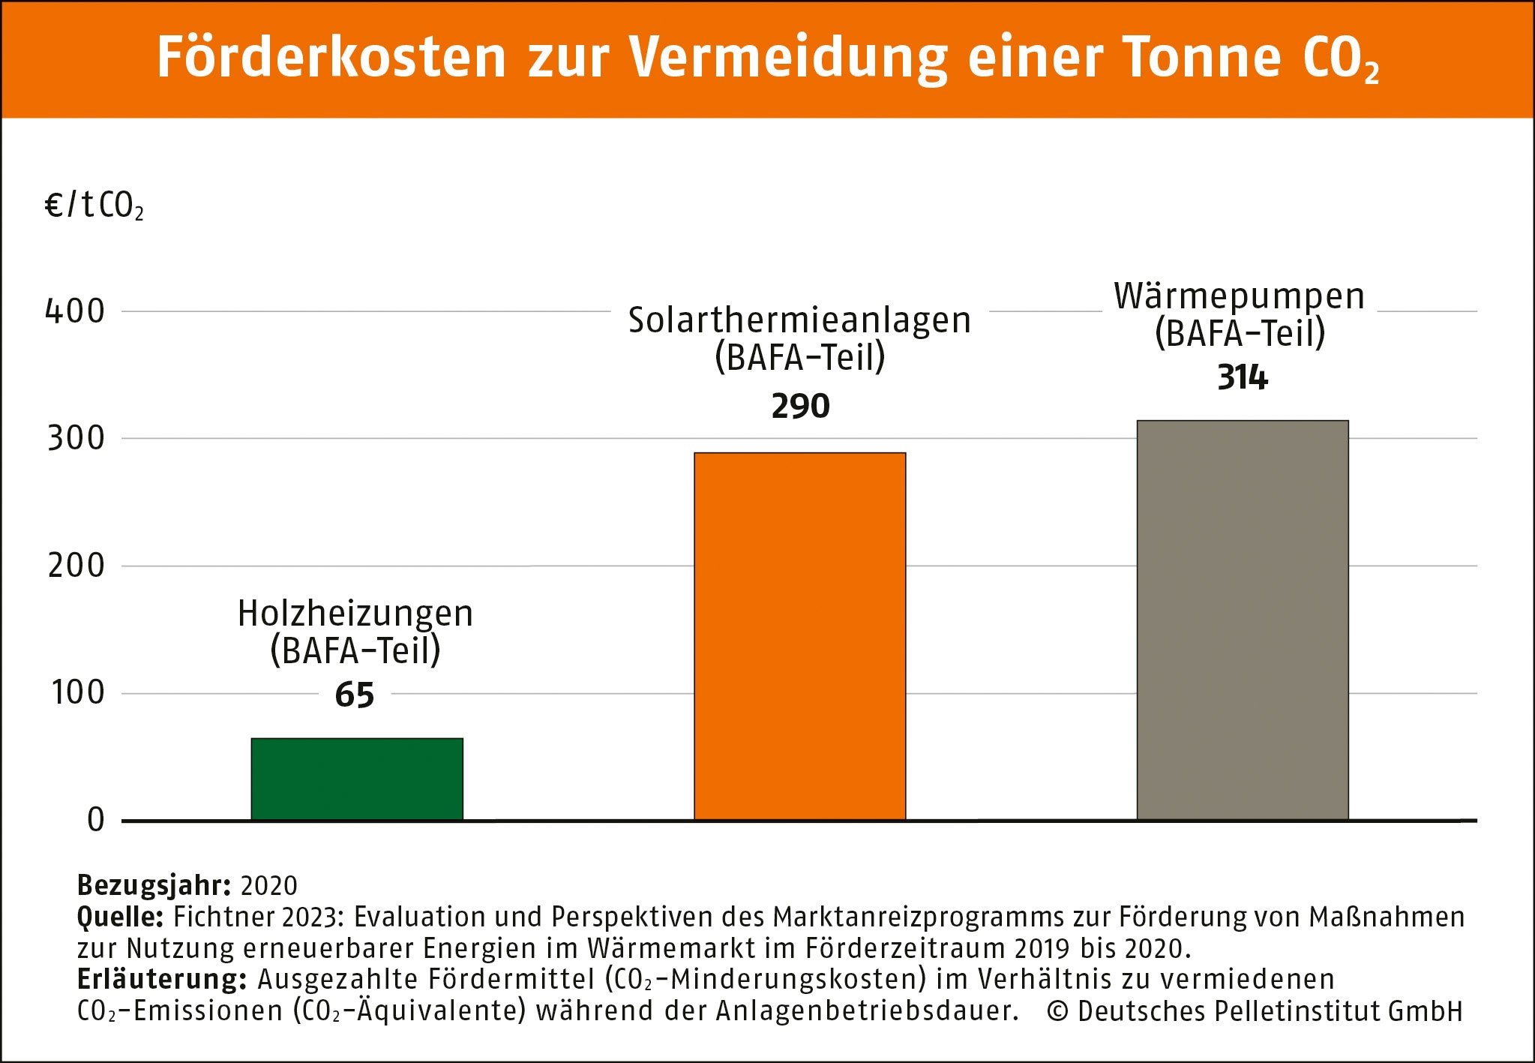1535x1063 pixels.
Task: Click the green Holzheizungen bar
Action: (x=357, y=779)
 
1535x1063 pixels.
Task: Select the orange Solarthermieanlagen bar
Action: (x=799, y=636)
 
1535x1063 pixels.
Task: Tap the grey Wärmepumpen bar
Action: (x=1242, y=620)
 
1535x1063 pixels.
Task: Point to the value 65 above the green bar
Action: (x=355, y=695)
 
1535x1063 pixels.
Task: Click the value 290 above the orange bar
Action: (x=800, y=406)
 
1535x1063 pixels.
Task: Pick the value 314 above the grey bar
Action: (x=1242, y=377)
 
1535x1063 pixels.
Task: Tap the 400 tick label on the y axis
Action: (x=75, y=311)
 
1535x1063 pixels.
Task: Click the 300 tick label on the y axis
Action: (x=76, y=438)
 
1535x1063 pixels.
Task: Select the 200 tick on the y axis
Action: (x=76, y=566)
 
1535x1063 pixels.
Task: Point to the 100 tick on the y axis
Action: (x=77, y=692)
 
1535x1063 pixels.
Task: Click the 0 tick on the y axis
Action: (x=95, y=820)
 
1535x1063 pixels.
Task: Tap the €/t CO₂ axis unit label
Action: (x=94, y=206)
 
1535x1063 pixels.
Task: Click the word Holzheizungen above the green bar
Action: (x=355, y=614)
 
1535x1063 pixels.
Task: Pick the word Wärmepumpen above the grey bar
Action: (x=1239, y=296)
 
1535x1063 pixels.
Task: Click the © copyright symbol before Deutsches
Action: (x=1057, y=1011)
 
